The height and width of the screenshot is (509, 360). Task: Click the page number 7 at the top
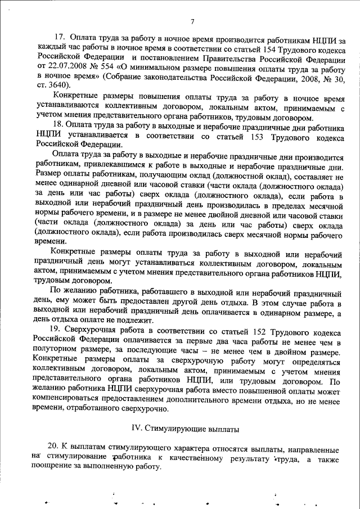(x=192, y=21)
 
